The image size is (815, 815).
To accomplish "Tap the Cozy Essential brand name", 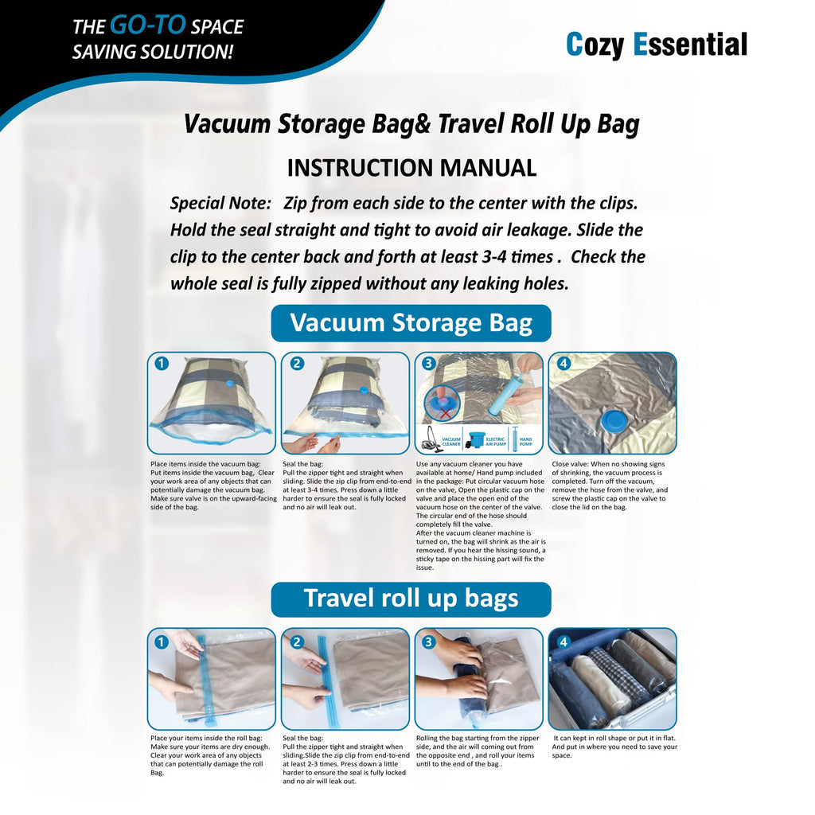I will [656, 45].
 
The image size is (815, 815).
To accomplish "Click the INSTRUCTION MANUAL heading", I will [411, 168].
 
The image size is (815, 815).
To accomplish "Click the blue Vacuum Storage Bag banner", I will [411, 323].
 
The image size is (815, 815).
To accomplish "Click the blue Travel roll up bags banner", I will [411, 599].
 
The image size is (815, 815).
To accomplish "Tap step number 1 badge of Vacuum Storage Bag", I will [162, 364].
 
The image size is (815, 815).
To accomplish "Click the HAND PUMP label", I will [526, 439].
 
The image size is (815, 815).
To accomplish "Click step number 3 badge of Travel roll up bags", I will [429, 641].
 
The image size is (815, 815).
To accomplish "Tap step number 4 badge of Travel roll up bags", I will [563, 641].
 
